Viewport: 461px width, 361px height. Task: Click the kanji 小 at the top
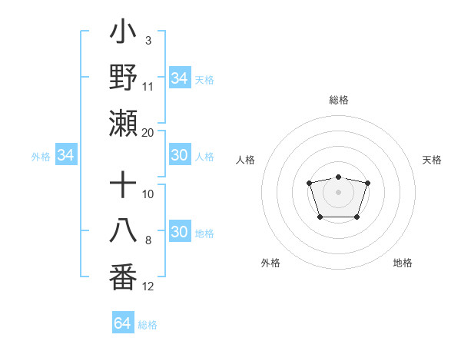pyautogui.click(x=124, y=35)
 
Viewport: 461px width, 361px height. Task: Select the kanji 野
pyautogui.click(x=124, y=79)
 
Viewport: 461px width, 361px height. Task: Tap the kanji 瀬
pyautogui.click(x=124, y=124)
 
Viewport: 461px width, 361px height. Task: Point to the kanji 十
pyautogui.click(x=124, y=187)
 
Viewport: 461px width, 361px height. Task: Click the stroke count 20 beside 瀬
pyautogui.click(x=148, y=132)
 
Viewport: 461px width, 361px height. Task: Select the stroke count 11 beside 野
pyautogui.click(x=148, y=86)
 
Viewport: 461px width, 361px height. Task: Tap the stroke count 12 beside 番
pyautogui.click(x=148, y=286)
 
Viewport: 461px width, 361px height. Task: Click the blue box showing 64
pyautogui.click(x=122, y=323)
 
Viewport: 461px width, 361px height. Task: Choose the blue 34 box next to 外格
pyautogui.click(x=66, y=156)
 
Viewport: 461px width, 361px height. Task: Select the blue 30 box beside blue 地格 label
pyautogui.click(x=180, y=233)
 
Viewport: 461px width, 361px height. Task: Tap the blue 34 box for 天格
pyautogui.click(x=180, y=78)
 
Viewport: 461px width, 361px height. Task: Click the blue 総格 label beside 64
pyautogui.click(x=148, y=325)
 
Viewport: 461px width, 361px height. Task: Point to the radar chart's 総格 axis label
pyautogui.click(x=338, y=100)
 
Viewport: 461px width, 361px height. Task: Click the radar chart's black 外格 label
pyautogui.click(x=270, y=263)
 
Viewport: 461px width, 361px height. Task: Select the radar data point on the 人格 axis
pyautogui.click(x=309, y=183)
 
